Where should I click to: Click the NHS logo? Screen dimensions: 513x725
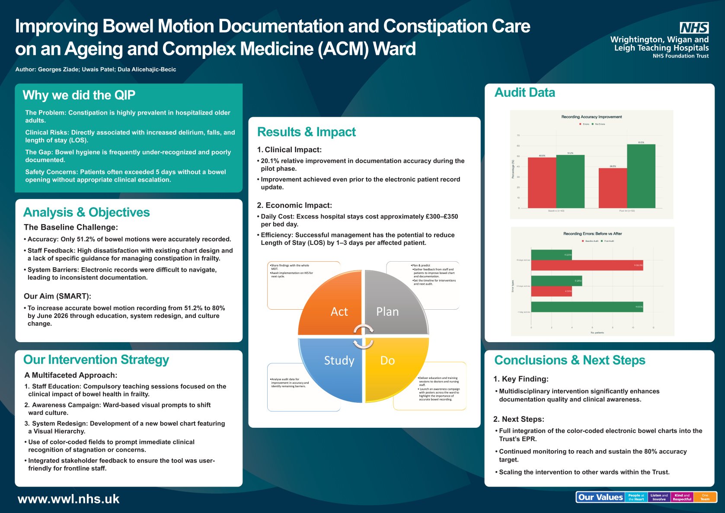694,28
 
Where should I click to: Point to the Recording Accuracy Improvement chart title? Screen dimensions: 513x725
591,117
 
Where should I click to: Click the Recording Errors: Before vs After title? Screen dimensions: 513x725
592,234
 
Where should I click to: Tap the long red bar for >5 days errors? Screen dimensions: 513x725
587,265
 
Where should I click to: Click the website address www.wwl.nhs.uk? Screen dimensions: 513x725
68,499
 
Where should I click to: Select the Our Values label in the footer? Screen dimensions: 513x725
600,497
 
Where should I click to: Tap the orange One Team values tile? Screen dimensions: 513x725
705,497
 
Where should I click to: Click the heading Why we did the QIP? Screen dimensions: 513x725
79,95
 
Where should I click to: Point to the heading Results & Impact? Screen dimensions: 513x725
306,132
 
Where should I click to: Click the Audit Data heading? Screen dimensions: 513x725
524,93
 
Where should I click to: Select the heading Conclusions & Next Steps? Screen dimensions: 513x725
569,360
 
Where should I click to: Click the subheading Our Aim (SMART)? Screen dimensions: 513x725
57,296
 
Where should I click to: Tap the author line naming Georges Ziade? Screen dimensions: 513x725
96,69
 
